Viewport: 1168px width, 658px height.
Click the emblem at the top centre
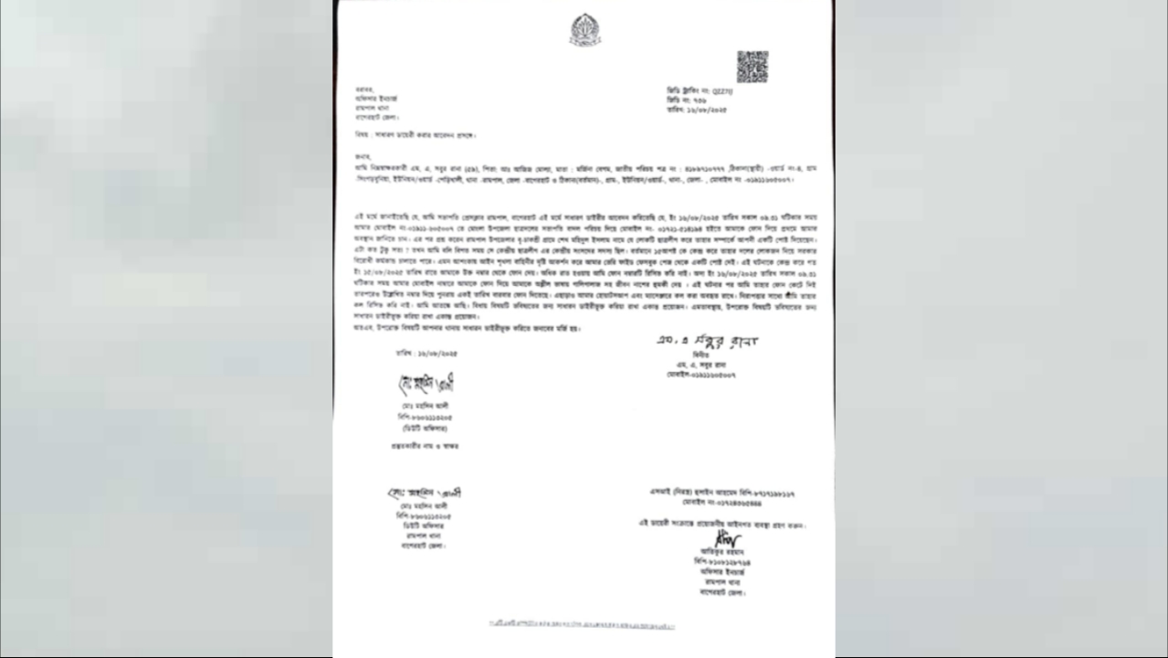pos(584,30)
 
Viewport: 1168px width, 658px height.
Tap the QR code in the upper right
pos(752,67)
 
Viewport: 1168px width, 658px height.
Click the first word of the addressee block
pos(363,90)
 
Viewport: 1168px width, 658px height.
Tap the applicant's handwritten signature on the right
pos(707,341)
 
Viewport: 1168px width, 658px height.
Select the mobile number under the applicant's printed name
pos(702,375)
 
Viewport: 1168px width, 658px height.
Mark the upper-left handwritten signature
pos(426,384)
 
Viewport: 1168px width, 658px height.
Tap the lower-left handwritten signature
pos(424,493)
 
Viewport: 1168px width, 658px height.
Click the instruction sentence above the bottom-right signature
pos(722,525)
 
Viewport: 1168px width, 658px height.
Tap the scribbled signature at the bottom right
pos(728,540)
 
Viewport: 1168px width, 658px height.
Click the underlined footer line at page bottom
pos(582,624)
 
